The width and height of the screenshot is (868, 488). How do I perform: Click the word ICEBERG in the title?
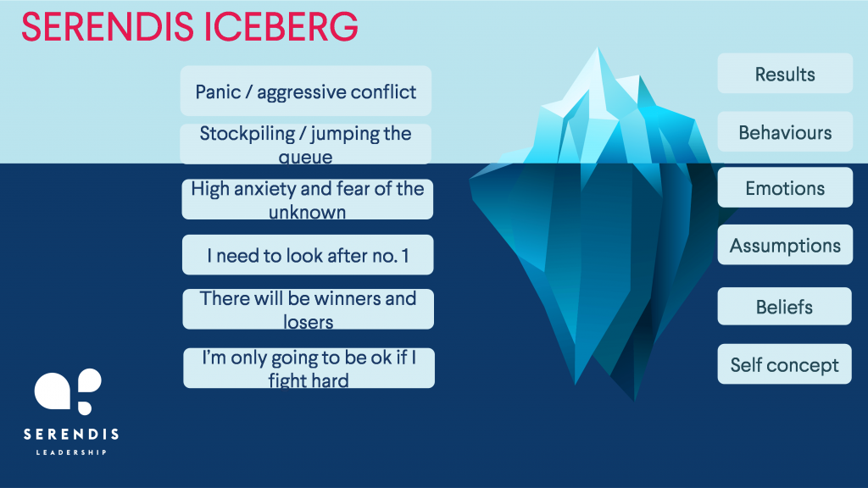tap(281, 26)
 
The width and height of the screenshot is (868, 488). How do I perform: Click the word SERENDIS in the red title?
tap(108, 26)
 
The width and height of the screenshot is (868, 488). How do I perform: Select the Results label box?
tap(785, 74)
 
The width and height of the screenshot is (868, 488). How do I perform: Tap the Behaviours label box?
tap(785, 131)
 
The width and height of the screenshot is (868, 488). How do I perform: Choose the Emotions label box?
tap(785, 187)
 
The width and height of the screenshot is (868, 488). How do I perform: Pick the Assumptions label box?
tap(785, 245)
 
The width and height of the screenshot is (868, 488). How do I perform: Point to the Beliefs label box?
tap(784, 306)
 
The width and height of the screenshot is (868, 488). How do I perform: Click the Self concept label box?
tap(784, 364)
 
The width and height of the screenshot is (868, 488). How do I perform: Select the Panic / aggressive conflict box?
tap(305, 91)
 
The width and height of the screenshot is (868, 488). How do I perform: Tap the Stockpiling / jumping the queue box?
tap(305, 144)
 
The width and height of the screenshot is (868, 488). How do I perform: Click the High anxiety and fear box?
tap(307, 199)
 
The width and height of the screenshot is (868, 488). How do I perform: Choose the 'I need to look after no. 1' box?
tap(308, 254)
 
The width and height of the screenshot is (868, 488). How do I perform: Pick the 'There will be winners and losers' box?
tap(309, 308)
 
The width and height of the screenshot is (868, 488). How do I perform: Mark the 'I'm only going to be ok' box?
tap(309, 368)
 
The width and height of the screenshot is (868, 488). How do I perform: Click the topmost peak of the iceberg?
tap(598, 48)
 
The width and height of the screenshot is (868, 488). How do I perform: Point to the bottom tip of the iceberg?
tap(634, 399)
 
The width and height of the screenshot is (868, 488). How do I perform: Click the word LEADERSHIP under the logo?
tap(71, 452)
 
